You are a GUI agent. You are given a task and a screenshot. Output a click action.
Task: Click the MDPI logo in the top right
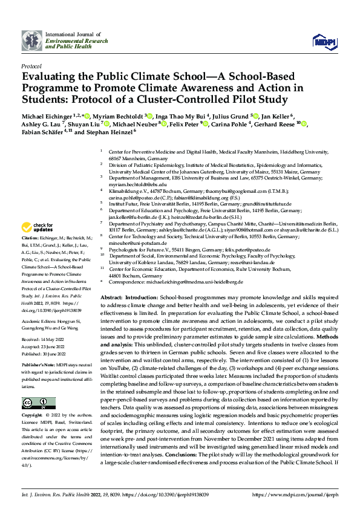pyautogui.click(x=321, y=41)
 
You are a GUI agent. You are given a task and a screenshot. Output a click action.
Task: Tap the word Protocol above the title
pyautogui.click(x=31, y=66)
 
